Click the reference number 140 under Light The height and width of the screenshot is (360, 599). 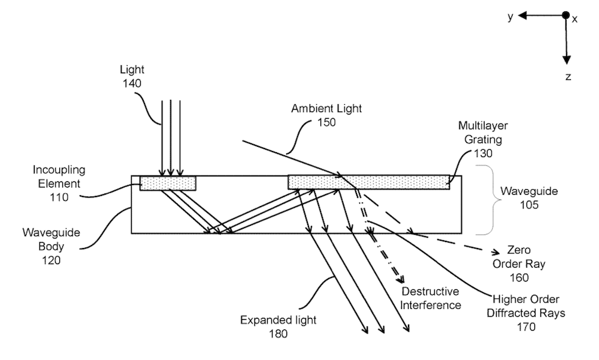coord(131,84)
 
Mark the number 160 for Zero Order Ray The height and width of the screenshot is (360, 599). coord(519,277)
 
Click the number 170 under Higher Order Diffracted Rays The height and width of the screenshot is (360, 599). coord(519,326)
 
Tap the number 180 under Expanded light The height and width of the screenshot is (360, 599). coord(277,334)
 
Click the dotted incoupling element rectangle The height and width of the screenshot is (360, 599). coord(168,183)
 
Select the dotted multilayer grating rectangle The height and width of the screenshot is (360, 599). coord(368,181)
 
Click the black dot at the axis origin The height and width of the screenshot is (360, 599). coord(565,16)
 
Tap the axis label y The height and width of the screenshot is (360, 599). coord(510,16)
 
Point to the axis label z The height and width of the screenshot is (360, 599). coord(568,76)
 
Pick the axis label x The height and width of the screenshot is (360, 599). coord(575,19)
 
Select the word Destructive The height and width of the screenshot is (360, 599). coord(430,292)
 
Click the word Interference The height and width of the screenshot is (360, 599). coord(431,305)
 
